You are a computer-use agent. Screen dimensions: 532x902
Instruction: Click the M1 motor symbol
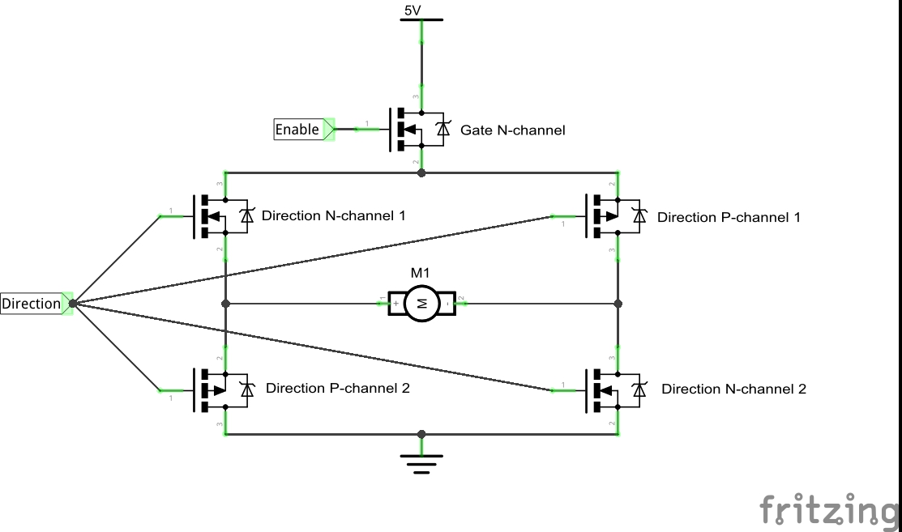tap(421, 303)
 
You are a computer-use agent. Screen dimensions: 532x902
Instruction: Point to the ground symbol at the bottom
tap(421, 462)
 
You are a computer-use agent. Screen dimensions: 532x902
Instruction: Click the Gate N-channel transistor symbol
tap(417, 130)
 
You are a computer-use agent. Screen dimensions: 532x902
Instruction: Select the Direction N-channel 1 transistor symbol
tap(221, 216)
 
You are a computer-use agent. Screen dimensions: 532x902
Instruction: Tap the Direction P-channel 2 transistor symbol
tap(221, 389)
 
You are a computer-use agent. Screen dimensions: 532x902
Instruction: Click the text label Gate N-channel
tap(512, 130)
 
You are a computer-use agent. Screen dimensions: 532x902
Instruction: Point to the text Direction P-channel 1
tap(729, 217)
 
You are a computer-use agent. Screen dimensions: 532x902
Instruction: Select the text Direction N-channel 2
tap(733, 389)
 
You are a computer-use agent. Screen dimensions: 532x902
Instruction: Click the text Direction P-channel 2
tap(337, 388)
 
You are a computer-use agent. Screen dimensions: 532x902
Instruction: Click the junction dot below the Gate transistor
tap(421, 172)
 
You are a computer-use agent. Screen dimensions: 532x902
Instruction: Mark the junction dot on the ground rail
tap(421, 435)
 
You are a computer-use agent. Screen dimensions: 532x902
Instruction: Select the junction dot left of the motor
tap(225, 304)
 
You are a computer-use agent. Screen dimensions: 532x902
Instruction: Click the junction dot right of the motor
tap(618, 304)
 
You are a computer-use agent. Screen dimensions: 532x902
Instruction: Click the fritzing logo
tap(829, 509)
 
